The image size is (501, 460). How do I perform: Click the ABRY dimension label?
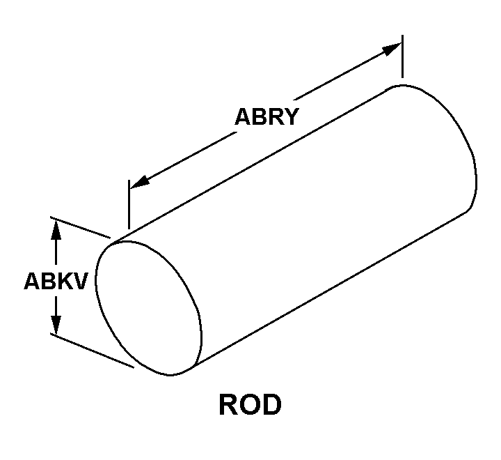pyautogui.click(x=266, y=116)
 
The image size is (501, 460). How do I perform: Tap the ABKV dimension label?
pyautogui.click(x=56, y=281)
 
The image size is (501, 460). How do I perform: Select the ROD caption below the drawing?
pyautogui.click(x=250, y=405)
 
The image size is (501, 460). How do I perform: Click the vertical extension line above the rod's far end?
pyautogui.click(x=402, y=56)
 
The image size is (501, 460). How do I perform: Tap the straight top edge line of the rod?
pyautogui.click(x=257, y=164)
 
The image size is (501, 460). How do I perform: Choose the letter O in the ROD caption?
pyautogui.click(x=250, y=405)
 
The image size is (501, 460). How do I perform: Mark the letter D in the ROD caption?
pyautogui.click(x=270, y=405)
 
